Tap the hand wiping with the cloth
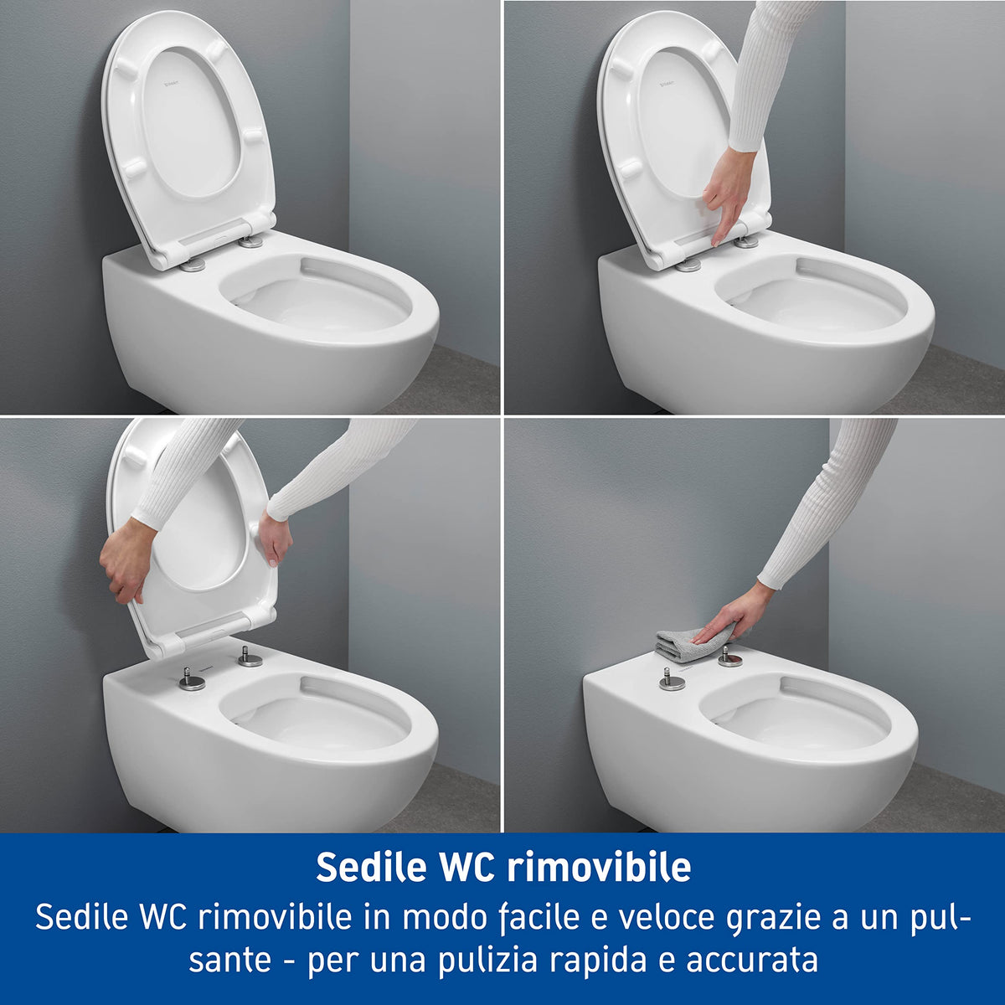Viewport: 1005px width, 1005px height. coord(721,620)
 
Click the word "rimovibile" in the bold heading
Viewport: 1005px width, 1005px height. coord(600,867)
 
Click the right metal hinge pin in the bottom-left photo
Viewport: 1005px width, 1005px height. coord(250,657)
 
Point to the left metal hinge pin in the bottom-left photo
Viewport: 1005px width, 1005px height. coord(192,678)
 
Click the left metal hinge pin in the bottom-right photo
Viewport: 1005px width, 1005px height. coord(672,678)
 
